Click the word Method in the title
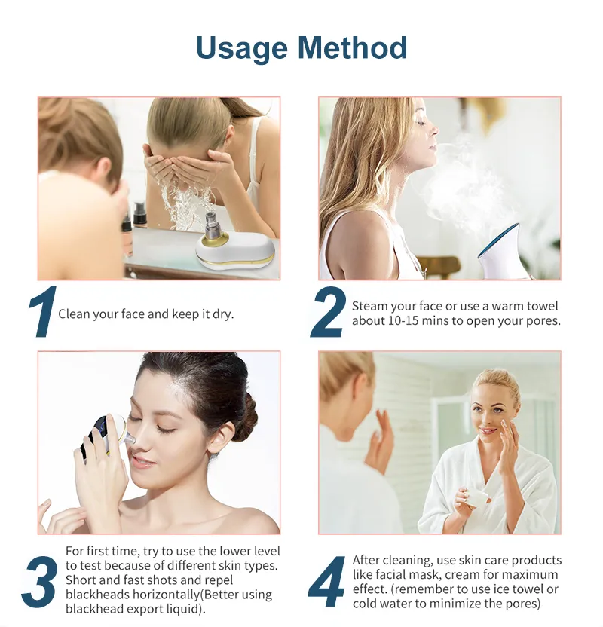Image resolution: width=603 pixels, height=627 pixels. (352, 47)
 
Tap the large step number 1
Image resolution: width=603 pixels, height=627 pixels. (43, 312)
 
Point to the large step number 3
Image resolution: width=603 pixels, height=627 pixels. (40, 583)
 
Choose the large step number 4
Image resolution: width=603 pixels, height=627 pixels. (326, 582)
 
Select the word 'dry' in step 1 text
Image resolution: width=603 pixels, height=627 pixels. (222, 314)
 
